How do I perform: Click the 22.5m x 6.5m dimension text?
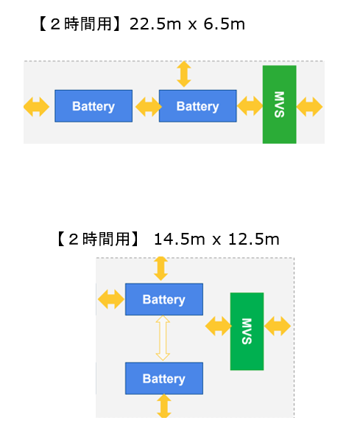tap(187, 24)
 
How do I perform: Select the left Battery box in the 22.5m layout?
tap(93, 106)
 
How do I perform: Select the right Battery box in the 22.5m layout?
tap(197, 106)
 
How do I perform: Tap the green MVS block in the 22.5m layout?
tap(279, 104)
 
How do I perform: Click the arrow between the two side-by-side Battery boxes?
tap(146, 107)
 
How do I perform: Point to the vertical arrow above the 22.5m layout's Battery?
tap(184, 74)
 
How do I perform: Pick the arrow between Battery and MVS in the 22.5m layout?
tap(250, 107)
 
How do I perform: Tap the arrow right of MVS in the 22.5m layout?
tap(309, 107)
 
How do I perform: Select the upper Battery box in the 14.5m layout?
tap(163, 299)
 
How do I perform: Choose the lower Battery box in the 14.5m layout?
tap(163, 378)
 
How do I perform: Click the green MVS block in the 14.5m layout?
tap(247, 331)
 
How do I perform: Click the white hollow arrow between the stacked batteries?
tap(163, 338)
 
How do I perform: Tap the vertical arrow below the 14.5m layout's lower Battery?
tap(163, 406)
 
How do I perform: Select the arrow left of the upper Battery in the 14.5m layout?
tap(110, 299)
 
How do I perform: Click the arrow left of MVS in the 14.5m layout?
tap(218, 326)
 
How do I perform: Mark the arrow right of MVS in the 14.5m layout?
tap(278, 326)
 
